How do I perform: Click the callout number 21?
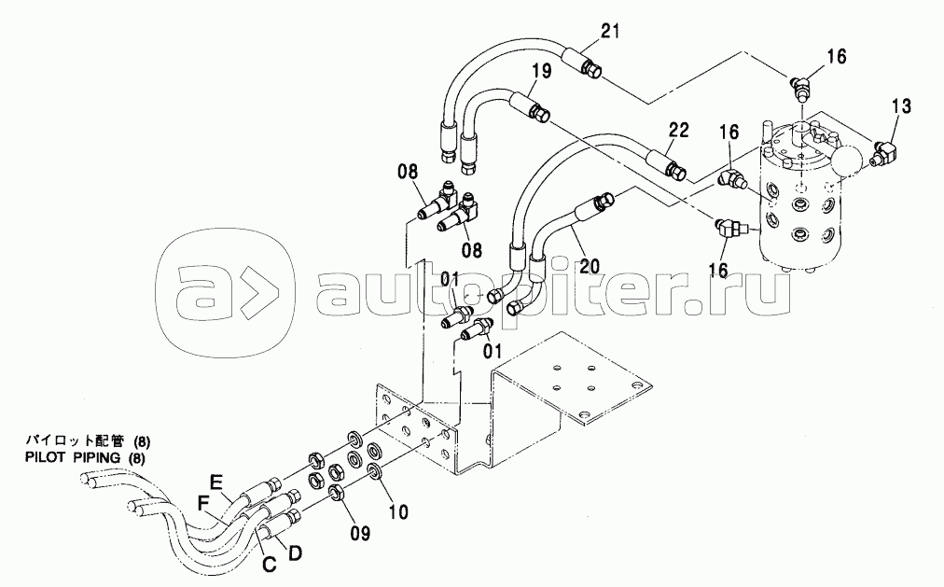pos(610,31)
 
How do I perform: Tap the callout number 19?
pos(541,71)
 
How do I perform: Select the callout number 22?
pos(678,130)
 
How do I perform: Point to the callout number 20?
pos(589,265)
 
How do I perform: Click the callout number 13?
pos(901,106)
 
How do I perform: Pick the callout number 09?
pos(359,532)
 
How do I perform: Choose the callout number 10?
pos(398,511)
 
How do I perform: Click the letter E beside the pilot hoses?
pos(216,482)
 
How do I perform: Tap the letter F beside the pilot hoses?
pos(204,501)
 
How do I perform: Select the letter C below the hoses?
pos(269,564)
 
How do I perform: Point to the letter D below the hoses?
pos(295,552)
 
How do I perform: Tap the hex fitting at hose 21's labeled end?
pos(592,69)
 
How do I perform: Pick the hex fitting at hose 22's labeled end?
pos(675,169)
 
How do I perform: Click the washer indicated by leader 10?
pos(373,470)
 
